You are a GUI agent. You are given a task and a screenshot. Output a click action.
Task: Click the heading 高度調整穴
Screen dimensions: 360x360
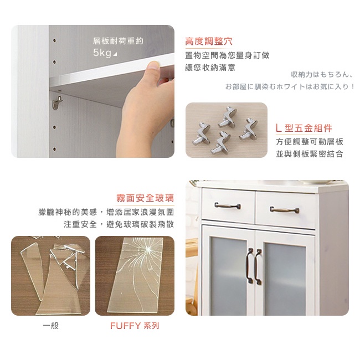[x=209, y=42]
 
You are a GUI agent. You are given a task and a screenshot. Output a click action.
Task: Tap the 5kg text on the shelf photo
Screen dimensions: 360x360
[x=102, y=53]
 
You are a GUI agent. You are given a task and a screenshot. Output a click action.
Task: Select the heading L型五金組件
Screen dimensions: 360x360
[x=304, y=128]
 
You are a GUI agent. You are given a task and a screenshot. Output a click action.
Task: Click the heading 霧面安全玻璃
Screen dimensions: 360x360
[x=145, y=198]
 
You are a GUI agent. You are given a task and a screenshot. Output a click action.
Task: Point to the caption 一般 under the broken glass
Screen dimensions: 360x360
[x=51, y=325]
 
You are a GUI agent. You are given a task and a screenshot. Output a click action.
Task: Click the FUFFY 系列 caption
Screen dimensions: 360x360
[x=135, y=326]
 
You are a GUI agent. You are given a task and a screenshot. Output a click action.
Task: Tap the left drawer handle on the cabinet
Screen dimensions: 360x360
[x=228, y=205]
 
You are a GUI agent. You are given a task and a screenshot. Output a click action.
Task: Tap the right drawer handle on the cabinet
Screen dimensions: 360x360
[x=284, y=210]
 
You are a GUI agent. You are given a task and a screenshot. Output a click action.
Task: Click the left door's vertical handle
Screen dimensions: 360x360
[x=250, y=266]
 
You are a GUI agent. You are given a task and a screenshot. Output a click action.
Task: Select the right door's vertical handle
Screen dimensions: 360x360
[x=258, y=267]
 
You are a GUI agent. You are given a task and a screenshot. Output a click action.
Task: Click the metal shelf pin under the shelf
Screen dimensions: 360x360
[x=57, y=102]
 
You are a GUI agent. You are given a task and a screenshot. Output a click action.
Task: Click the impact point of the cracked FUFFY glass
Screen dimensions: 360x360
[x=147, y=249]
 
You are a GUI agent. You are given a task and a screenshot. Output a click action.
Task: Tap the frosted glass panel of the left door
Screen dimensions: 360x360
[x=229, y=278]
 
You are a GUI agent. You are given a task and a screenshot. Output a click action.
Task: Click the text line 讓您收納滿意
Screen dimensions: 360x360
[x=210, y=68]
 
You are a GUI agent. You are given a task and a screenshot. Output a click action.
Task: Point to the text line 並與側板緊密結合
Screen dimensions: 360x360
[x=310, y=154]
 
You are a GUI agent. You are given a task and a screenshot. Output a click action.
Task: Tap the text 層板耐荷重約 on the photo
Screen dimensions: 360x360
[x=118, y=41]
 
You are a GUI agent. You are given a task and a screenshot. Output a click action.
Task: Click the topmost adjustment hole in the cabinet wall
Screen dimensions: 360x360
[x=54, y=40]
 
